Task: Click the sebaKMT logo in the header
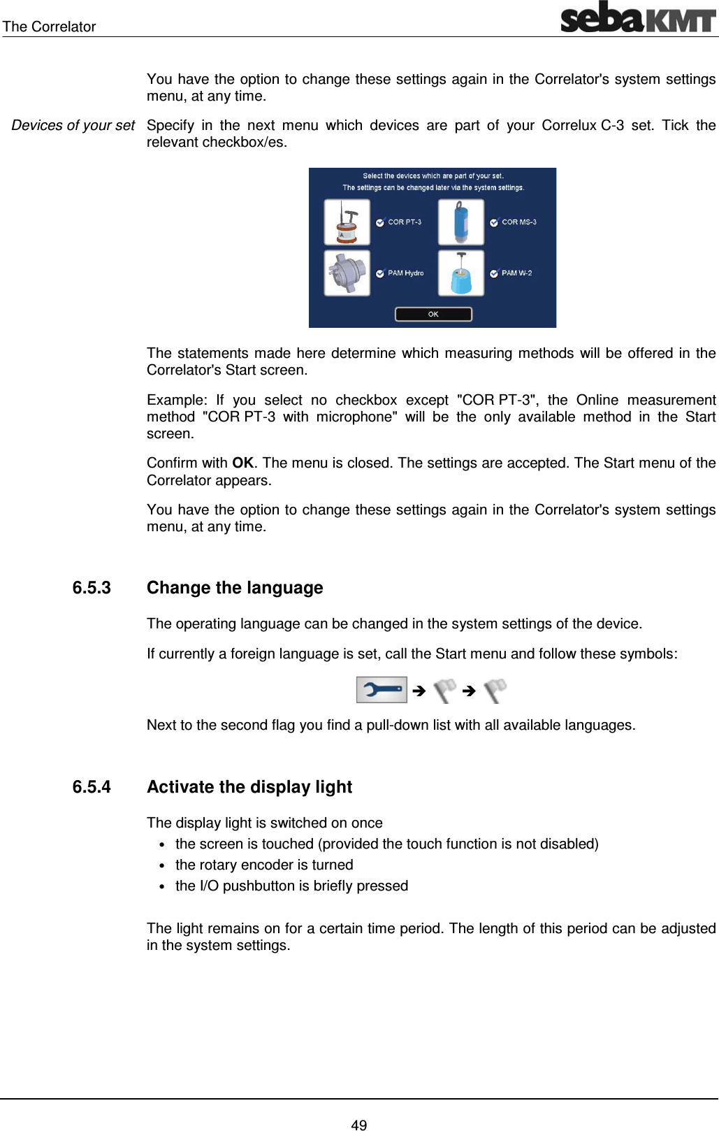(638, 17)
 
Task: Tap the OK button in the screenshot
(433, 314)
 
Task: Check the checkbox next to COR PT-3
(380, 222)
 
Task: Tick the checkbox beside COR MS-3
(494, 222)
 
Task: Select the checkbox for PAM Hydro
(380, 273)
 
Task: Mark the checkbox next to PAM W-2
(494, 273)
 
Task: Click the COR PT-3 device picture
(347, 222)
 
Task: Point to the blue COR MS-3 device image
(460, 222)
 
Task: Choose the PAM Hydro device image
(347, 273)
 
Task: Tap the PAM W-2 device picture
(460, 273)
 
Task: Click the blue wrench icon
(381, 690)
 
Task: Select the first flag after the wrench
(444, 691)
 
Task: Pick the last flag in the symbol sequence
(495, 691)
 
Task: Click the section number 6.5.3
(92, 588)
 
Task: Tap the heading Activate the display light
(249, 787)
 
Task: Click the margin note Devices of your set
(73, 126)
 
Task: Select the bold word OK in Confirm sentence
(242, 463)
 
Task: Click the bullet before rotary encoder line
(161, 866)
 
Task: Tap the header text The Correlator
(49, 27)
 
